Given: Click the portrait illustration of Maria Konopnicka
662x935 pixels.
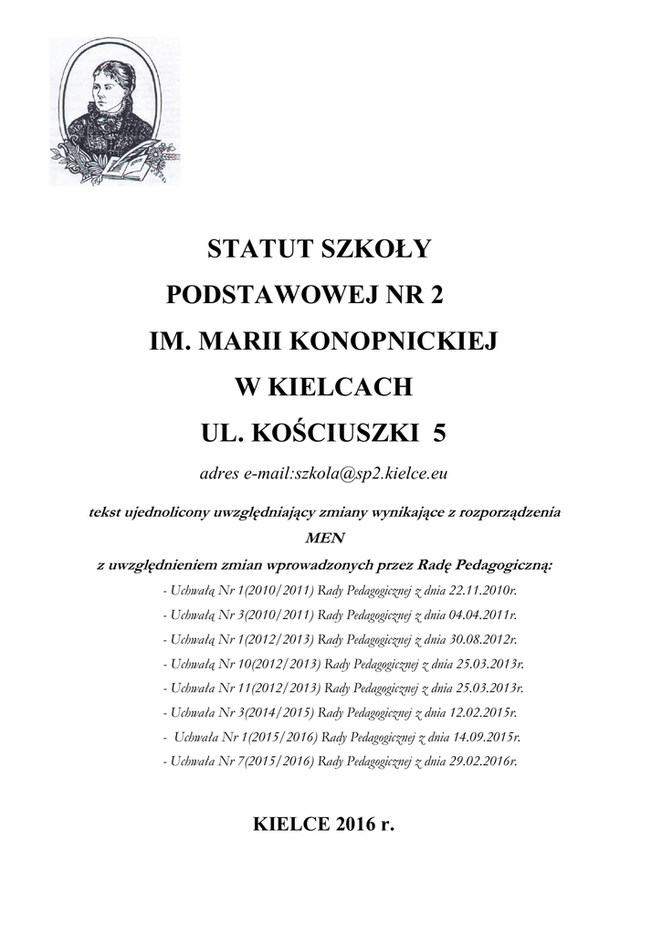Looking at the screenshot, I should [114, 111].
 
